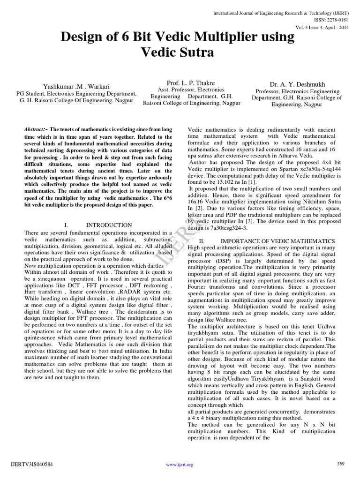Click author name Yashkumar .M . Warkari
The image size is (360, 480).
tap(75, 86)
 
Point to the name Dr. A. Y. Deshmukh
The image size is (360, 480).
tap(297, 84)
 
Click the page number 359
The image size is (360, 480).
tap(341, 464)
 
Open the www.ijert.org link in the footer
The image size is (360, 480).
tap(180, 465)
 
